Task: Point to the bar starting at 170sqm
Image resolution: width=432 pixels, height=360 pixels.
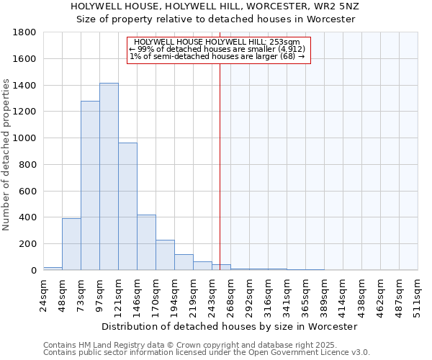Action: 165,255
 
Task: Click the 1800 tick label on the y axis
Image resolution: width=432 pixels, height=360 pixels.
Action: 24,32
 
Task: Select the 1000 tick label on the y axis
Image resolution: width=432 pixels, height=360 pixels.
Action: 24,138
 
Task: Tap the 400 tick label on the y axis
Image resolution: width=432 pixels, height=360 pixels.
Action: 27,217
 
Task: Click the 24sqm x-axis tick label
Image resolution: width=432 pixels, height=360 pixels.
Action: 43,294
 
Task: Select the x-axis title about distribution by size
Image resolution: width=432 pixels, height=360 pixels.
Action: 229,326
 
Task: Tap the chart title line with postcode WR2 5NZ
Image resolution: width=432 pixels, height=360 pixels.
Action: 215,6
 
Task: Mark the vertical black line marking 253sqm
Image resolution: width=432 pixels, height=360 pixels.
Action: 220,166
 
